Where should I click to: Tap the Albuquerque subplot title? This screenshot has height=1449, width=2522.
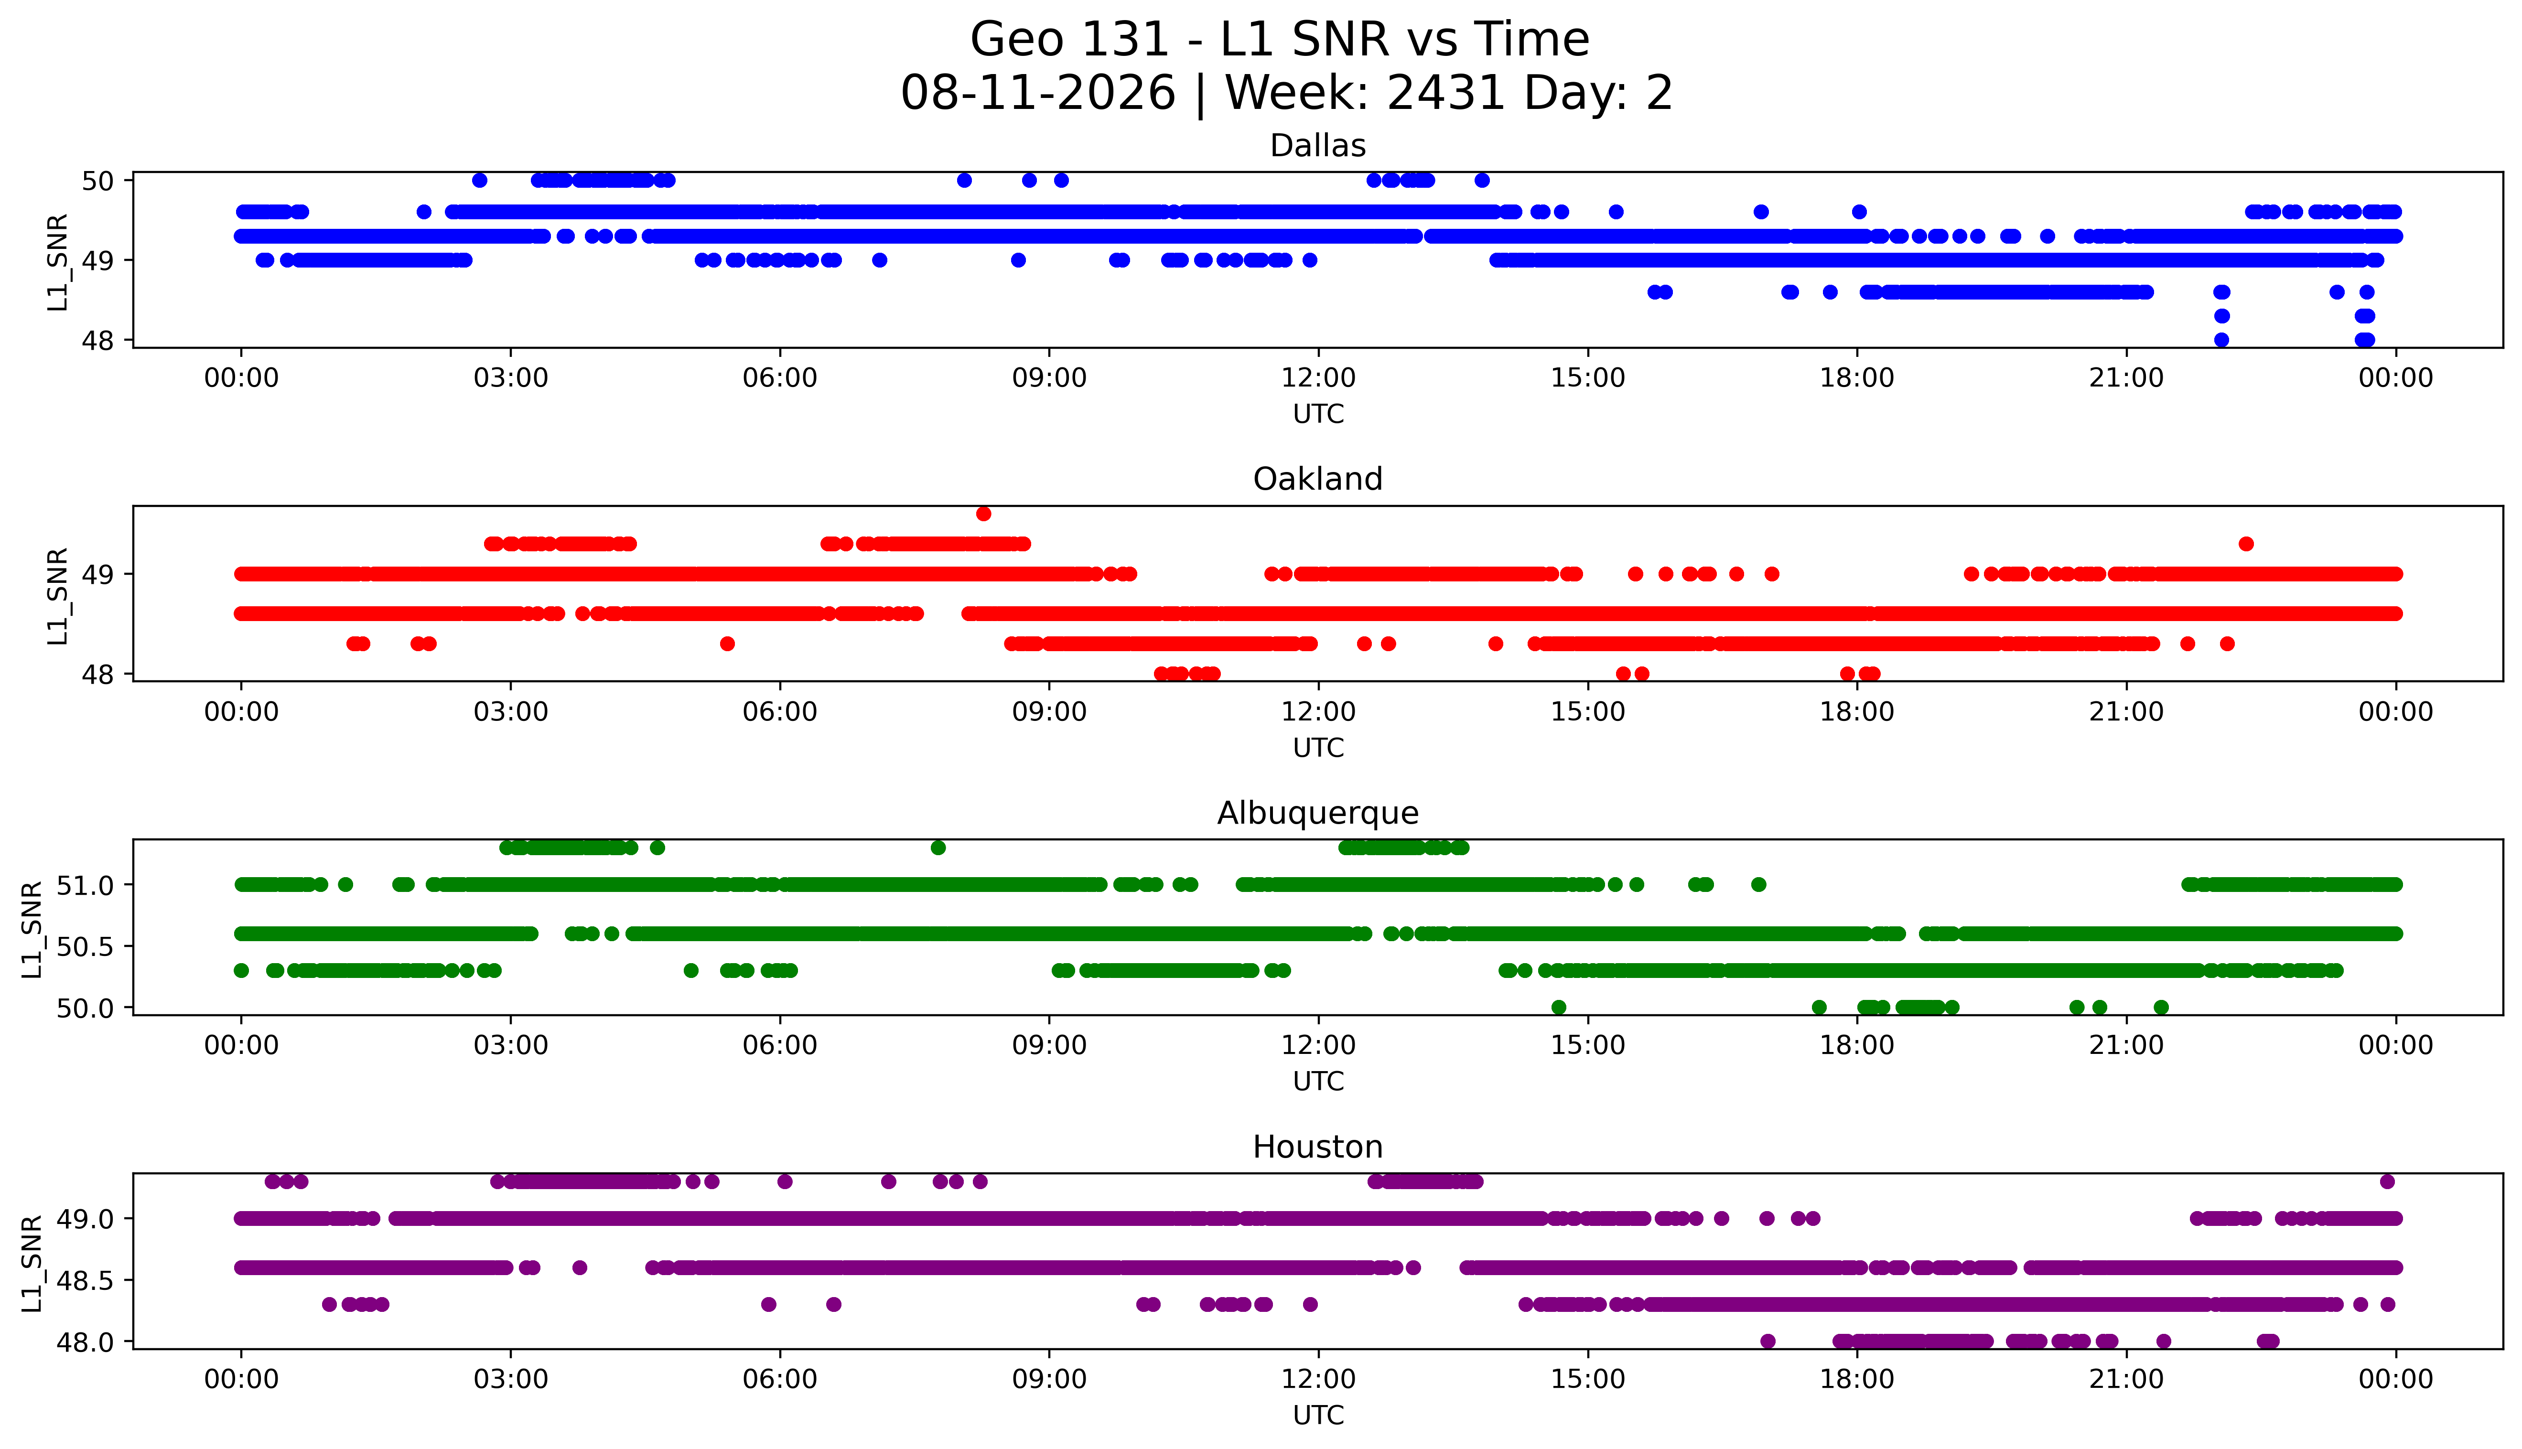click(x=1318, y=813)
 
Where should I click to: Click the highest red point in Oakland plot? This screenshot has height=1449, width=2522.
click(x=983, y=514)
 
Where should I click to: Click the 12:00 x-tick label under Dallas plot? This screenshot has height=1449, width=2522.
click(x=1319, y=378)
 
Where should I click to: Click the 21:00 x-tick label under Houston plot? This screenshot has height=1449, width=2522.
click(x=2127, y=1379)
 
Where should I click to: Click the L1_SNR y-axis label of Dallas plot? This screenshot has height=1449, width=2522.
click(x=58, y=262)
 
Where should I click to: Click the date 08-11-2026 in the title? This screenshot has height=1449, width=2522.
click(x=1038, y=94)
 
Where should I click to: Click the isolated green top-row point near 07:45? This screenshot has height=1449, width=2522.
click(x=938, y=848)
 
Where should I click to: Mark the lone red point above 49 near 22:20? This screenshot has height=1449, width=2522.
click(x=2246, y=543)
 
